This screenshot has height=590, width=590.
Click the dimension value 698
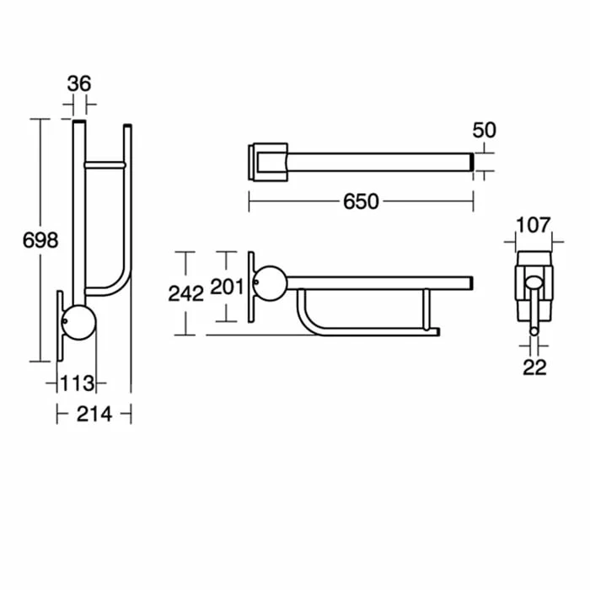[x=40, y=240]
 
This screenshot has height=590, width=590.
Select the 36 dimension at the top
[x=79, y=83]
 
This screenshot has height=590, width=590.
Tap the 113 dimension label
[x=77, y=384]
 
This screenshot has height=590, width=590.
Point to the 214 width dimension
[x=94, y=414]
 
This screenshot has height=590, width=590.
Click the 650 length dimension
[x=361, y=201]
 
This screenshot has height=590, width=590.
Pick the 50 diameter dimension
[x=485, y=130]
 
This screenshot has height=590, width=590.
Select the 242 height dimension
[x=186, y=292]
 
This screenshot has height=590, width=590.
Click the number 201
[x=228, y=287]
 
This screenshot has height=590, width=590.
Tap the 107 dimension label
[x=534, y=225]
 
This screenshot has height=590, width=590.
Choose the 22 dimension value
[x=534, y=367]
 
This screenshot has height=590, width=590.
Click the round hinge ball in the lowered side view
[x=271, y=283]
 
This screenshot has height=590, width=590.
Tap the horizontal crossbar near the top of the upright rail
[x=105, y=163]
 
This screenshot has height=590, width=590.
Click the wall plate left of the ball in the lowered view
[x=251, y=287]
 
